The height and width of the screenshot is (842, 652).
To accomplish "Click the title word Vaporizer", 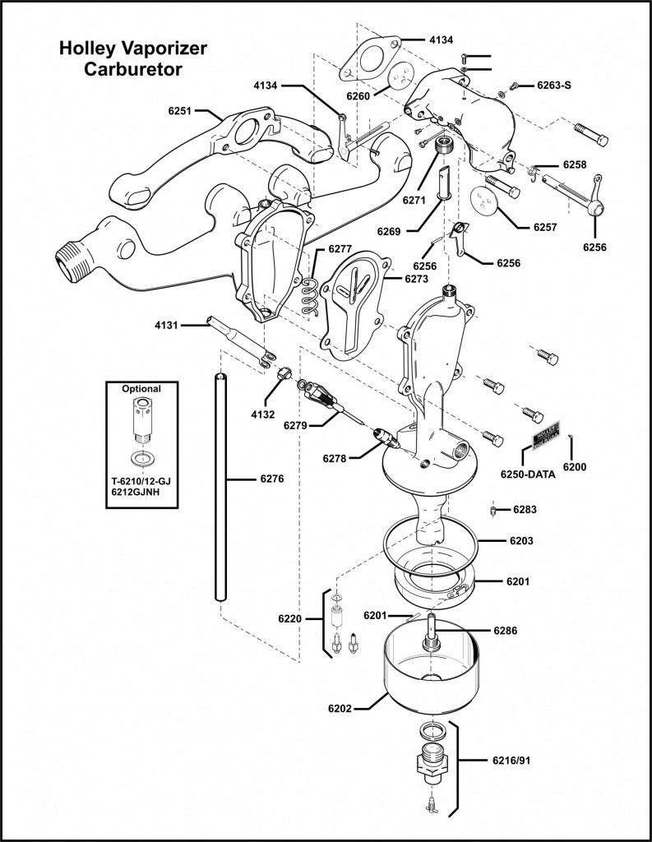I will (162, 49).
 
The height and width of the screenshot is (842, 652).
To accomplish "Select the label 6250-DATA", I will (528, 474).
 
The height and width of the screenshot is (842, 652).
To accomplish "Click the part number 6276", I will (271, 478).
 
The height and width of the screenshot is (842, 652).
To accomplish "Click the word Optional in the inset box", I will (141, 388).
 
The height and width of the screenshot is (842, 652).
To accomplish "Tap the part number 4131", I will (166, 325).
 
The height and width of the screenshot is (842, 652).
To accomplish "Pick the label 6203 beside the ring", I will (521, 541).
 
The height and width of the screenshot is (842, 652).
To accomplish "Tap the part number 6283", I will (525, 510).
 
